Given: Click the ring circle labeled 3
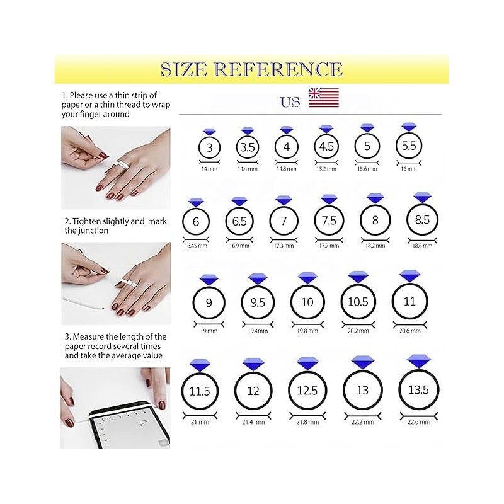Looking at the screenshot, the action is coord(199,148).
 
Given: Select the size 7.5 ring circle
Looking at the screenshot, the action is coord(314,220).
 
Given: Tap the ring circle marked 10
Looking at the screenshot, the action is coord(291,302).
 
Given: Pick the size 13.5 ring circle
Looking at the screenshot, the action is coord(399,390).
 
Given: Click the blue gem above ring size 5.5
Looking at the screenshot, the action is coord(409,127).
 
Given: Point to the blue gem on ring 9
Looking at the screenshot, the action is coord(209,280).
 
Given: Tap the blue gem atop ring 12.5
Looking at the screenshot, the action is coord(307,364).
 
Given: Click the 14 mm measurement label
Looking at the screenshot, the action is coord(209,169).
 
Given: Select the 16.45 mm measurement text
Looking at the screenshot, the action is coord(196,246).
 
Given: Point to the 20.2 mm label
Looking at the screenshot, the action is coord(358,331).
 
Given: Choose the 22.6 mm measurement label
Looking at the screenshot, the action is coord(419,421).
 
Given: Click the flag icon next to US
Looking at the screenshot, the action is coord(324,98).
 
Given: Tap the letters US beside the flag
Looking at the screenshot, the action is coord(290,102).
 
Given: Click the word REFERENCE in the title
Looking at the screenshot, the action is coord(278,69).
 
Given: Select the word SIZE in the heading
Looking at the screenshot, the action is coord(183,69).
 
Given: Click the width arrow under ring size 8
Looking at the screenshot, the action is coord(375,240).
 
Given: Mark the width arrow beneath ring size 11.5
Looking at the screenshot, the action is coord(200,416).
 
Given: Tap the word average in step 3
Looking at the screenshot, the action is coord(125,356).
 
